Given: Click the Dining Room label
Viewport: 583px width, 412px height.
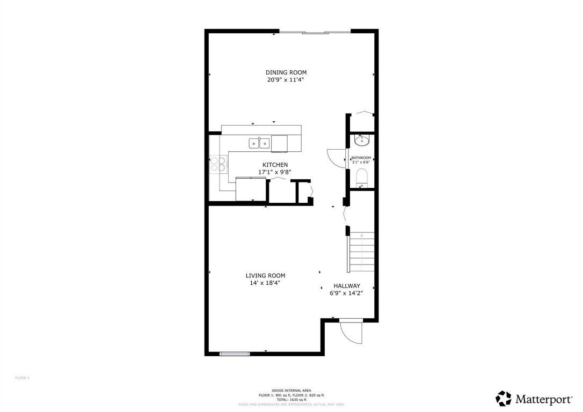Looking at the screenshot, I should pos(286,72).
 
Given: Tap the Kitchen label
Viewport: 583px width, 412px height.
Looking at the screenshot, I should pos(275,165).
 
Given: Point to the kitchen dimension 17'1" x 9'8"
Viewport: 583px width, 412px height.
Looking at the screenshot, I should pos(275,172).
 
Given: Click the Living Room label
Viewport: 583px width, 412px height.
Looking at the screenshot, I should pos(265,276).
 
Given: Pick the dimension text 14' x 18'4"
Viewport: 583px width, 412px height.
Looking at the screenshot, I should pos(265,283).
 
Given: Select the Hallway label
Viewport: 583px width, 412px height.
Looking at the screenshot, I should pos(346,286).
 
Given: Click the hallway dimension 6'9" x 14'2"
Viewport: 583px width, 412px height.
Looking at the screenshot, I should pos(346,293).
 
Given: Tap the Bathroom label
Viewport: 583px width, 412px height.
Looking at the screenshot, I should pos(361,158).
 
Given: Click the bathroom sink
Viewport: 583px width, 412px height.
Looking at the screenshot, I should pos(361,141).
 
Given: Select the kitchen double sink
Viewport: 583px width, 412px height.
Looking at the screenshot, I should pos(259,143).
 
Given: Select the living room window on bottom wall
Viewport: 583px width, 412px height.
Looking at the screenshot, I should pos(235,354).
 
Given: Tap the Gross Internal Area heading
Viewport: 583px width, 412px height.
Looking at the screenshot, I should pos(291,391).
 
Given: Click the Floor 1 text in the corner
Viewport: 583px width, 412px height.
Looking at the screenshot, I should pos(22,378).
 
